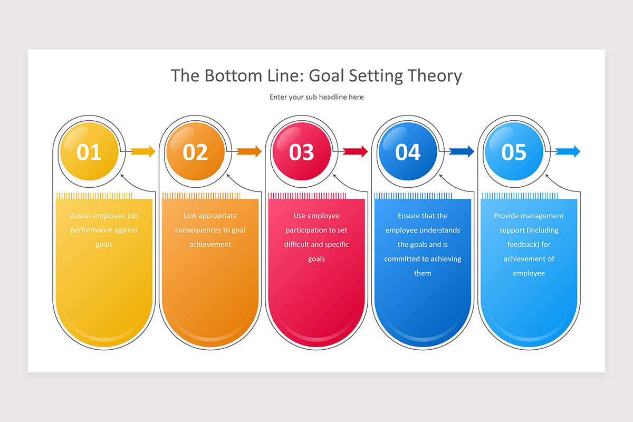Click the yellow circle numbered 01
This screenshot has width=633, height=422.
[x=89, y=151]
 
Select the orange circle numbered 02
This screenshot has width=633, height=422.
[x=196, y=151]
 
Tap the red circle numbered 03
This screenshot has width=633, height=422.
[x=302, y=151]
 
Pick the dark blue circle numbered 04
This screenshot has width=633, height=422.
[x=408, y=151]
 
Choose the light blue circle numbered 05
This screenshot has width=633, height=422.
[x=514, y=151]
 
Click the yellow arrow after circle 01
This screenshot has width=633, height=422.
[x=143, y=151]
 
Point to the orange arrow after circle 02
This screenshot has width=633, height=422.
[x=249, y=151]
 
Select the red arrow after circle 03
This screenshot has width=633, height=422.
[x=355, y=151]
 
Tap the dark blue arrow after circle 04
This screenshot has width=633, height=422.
[x=462, y=151]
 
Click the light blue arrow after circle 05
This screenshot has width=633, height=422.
[x=568, y=151]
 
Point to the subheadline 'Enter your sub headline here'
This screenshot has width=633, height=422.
[x=316, y=97]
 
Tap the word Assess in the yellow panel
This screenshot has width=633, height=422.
[x=81, y=216]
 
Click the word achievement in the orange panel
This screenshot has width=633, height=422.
[x=210, y=244]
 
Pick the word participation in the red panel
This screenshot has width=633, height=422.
[x=306, y=231]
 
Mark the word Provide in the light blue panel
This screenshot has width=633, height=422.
[x=505, y=216]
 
